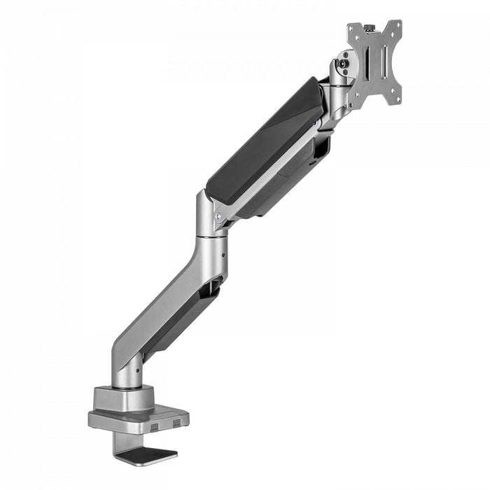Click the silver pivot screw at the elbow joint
[x=218, y=217]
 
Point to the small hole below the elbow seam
[x=223, y=256]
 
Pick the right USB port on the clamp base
[x=176, y=421]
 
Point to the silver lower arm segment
[x=164, y=308]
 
